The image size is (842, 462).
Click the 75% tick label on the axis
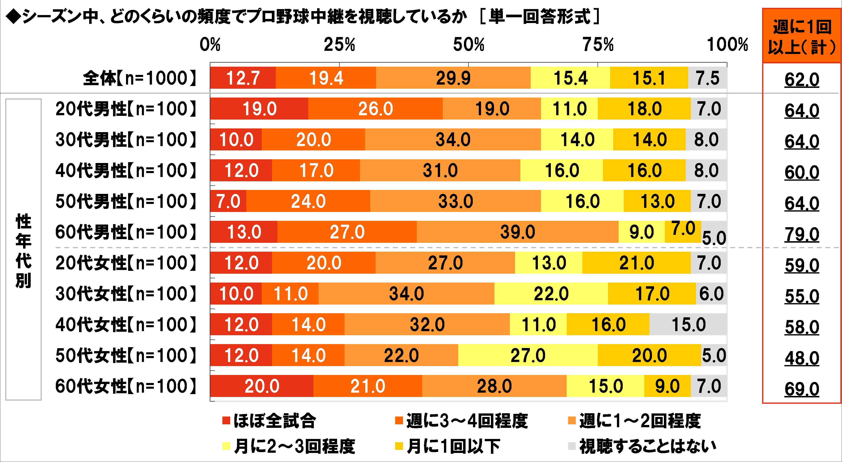598,45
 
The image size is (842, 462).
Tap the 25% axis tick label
339,45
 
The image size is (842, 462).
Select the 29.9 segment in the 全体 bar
453,78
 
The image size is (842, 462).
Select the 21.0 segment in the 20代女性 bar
636,263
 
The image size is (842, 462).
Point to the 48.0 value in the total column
802,358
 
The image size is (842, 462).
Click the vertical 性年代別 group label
23,250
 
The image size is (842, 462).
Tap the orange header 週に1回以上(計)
802,36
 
